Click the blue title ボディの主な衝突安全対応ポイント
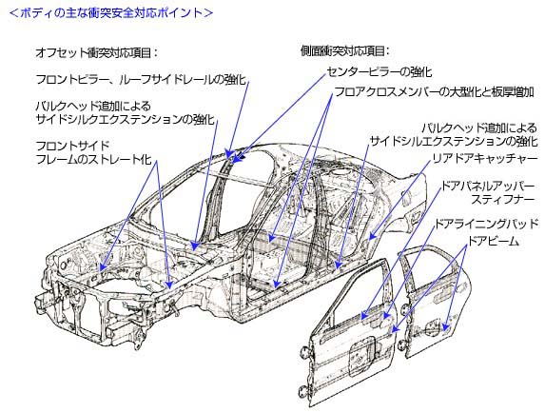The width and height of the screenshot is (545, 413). pyautogui.click(x=110, y=13)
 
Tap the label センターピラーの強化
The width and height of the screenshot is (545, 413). pyautogui.click(x=380, y=72)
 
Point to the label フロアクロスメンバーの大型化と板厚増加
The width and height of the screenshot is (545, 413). pyautogui.click(x=434, y=92)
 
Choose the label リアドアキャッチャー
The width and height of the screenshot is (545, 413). pyautogui.click(x=484, y=159)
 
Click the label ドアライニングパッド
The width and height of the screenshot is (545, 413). pyautogui.click(x=486, y=224)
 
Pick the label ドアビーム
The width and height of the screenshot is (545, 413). pyautogui.click(x=494, y=241)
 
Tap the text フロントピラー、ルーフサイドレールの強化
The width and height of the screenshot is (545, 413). pyautogui.click(x=141, y=79)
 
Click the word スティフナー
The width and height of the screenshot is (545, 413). pyautogui.click(x=502, y=200)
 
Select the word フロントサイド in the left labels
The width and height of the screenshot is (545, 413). pyautogui.click(x=73, y=146)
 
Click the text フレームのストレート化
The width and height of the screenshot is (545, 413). pyautogui.click(x=94, y=159)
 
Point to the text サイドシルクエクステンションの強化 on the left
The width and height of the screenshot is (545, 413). pyautogui.click(x=126, y=119)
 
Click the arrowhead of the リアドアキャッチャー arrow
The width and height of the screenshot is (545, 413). pyautogui.click(x=371, y=236)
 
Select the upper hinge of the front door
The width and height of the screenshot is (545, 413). pyautogui.click(x=304, y=352)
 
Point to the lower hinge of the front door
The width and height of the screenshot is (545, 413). pyautogui.click(x=304, y=391)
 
